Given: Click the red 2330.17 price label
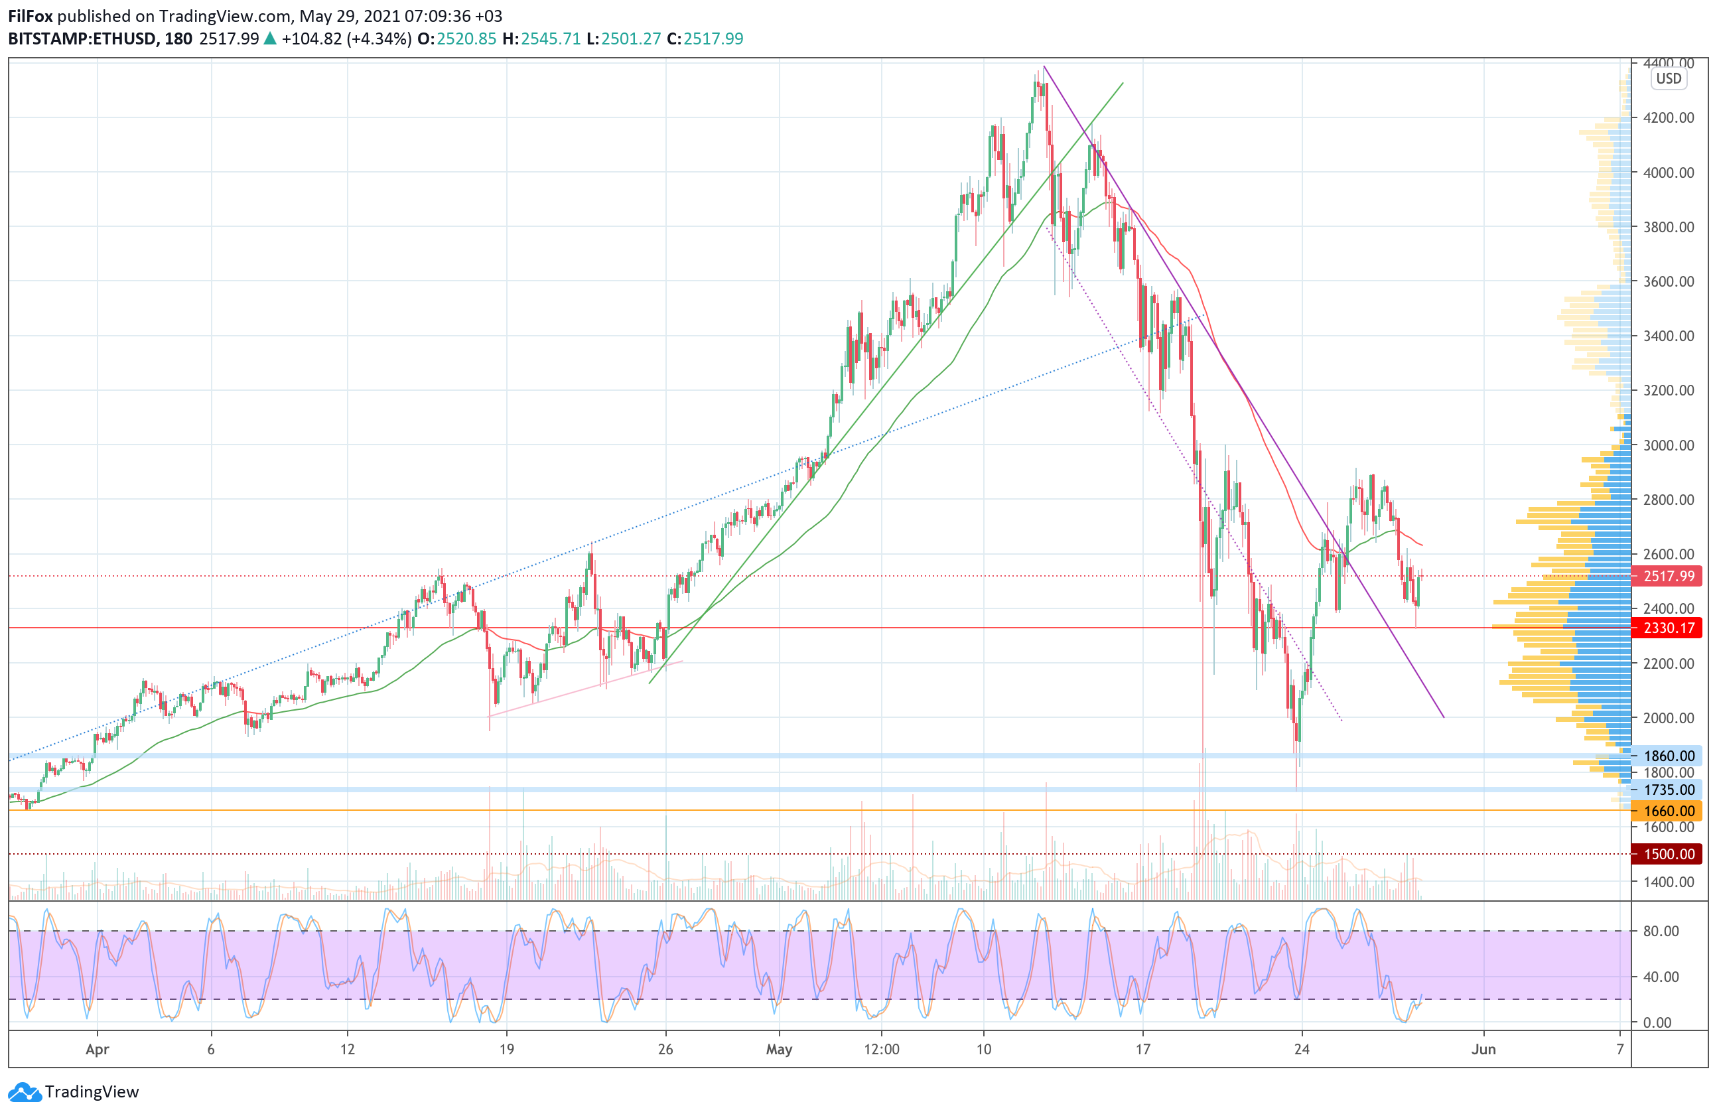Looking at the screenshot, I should click(1669, 628).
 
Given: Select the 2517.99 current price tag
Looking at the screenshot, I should click(1669, 576).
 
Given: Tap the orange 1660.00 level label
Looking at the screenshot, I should click(1669, 811).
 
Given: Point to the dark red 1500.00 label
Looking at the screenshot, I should click(1669, 854).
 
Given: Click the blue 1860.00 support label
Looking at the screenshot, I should click(1669, 756).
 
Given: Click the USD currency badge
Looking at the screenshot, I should click(1668, 79).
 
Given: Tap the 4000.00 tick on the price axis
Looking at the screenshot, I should click(1668, 173).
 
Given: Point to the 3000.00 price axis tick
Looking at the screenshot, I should click(1668, 445).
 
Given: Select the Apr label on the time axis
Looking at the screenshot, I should click(98, 1049).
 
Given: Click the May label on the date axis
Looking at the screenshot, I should click(779, 1049).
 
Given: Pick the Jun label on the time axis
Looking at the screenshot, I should click(1483, 1049).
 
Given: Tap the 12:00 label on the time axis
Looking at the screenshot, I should click(882, 1049).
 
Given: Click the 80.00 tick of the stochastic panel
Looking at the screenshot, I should click(1661, 932).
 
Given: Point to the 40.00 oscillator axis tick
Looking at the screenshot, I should click(1661, 977).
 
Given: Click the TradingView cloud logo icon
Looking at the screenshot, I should click(25, 1092).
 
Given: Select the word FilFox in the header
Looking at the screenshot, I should click(31, 16).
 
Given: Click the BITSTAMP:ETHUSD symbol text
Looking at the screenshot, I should click(82, 39).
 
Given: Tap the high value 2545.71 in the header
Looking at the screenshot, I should click(551, 39).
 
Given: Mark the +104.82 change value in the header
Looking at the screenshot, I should click(312, 39).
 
